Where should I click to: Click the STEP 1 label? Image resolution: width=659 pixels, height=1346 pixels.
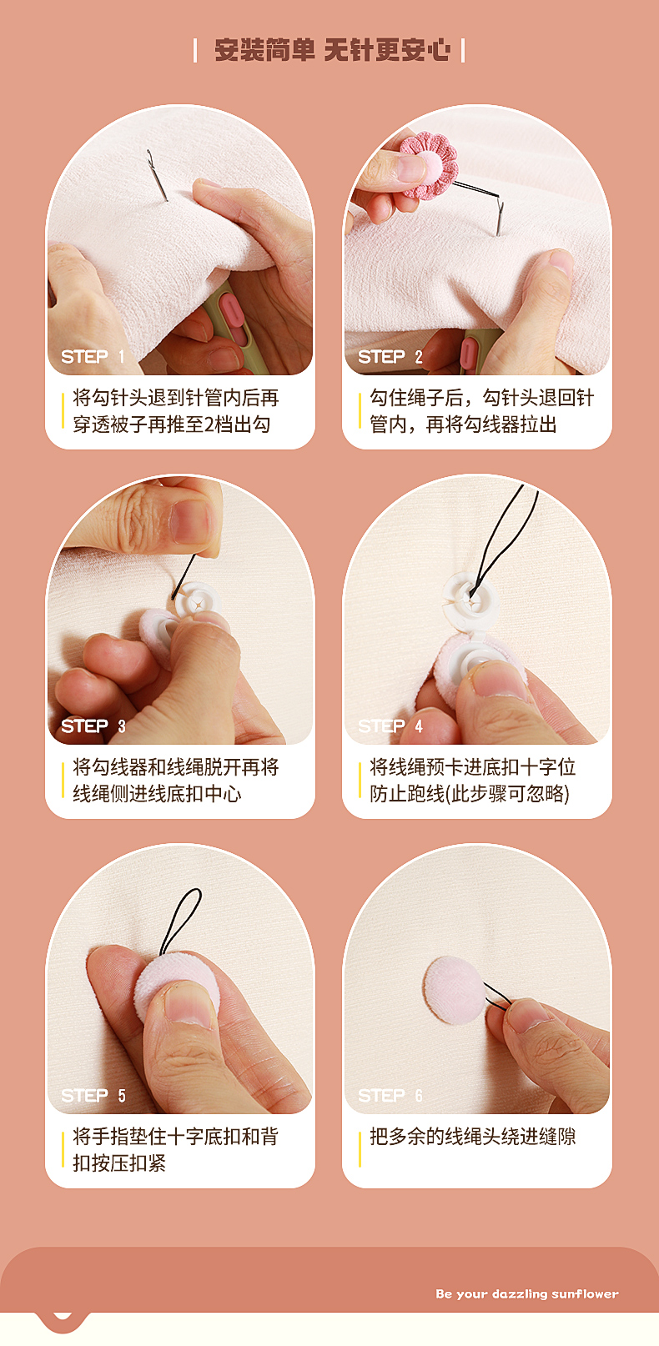93,356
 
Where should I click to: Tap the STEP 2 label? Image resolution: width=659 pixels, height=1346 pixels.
390,356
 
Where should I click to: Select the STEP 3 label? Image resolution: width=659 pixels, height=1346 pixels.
93,726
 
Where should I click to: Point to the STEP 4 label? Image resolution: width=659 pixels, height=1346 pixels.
390,726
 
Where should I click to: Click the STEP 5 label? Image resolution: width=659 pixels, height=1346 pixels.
93,1096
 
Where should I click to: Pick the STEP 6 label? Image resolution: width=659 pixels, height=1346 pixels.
390,1096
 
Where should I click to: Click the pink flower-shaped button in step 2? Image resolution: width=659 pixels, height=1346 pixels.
428,164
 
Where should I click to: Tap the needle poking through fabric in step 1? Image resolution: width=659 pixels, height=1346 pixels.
157,175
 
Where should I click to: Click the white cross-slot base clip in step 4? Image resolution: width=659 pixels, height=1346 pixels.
471,599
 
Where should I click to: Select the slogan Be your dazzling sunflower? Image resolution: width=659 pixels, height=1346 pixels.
526,1293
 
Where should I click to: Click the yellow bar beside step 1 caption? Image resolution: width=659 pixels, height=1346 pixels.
63,411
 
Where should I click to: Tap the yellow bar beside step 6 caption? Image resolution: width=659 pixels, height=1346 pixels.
360,1149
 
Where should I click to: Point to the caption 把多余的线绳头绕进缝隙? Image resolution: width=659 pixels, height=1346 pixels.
473,1137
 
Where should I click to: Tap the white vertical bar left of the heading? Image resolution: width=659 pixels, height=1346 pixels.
195,50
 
